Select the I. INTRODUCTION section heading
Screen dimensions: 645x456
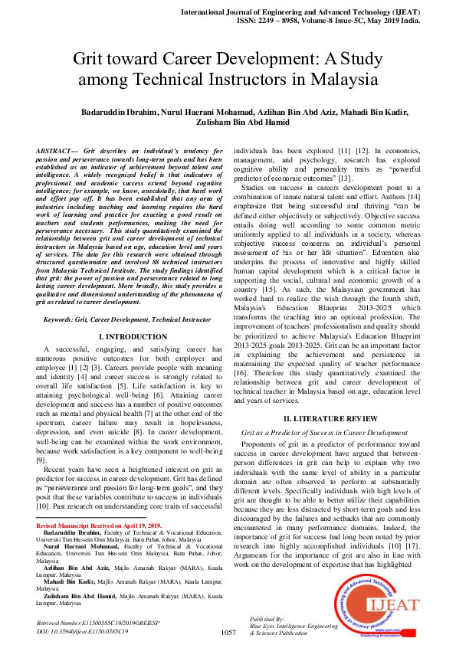[x=127, y=336]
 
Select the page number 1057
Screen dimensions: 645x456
[x=228, y=632]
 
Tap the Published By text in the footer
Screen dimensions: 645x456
[x=267, y=617]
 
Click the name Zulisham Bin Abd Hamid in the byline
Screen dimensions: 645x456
[x=228, y=124]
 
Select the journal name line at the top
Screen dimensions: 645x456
[x=323, y=14]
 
